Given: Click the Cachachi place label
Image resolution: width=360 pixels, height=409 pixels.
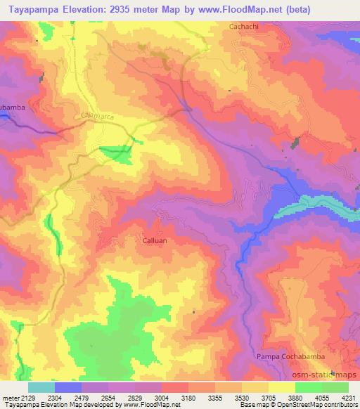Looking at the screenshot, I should coord(243,27).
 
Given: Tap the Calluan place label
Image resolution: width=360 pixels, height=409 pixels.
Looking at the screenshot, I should coord(151,240).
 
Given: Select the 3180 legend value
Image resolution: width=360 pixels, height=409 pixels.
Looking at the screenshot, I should coord(190,398).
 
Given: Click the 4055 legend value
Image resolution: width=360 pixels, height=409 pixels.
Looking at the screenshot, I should coord(323,398).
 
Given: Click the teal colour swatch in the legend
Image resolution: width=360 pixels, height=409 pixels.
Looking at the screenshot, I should coord(41,387).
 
